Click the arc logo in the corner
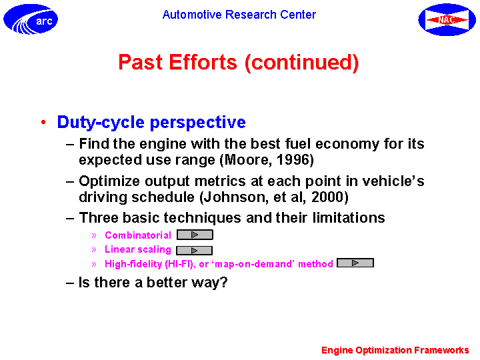tap(31, 19)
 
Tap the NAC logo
tap(447, 19)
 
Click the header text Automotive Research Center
tap(239, 15)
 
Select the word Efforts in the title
tap(203, 62)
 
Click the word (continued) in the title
tap(301, 63)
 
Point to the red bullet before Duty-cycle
tap(43, 122)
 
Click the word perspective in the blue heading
tap(198, 123)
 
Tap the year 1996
tap(293, 160)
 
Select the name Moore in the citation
tap(247, 160)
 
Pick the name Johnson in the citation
tap(235, 197)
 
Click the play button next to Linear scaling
tap(195, 251)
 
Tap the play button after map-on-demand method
tap(355, 263)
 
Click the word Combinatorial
tap(138, 235)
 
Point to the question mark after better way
tap(223, 282)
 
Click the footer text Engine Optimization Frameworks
tap(395, 350)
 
